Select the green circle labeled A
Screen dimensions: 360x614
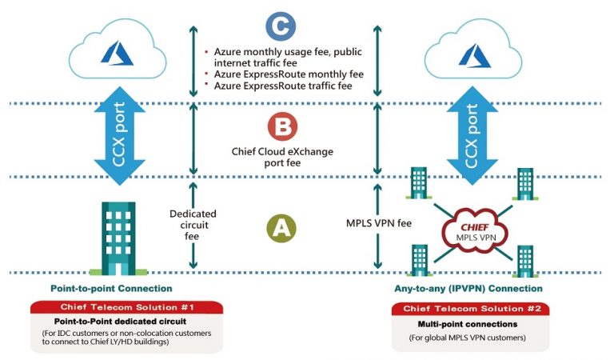(281, 229)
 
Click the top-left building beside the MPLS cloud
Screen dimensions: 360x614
(419, 184)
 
